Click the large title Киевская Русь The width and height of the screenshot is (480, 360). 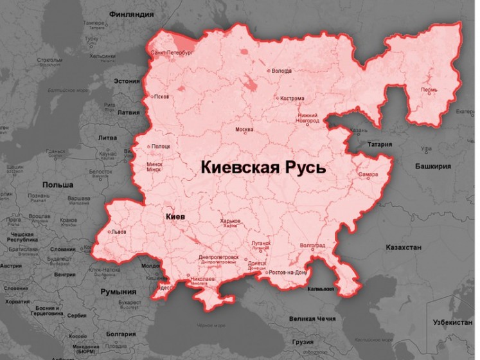pos(263,168)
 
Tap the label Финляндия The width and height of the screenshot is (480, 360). pos(131,13)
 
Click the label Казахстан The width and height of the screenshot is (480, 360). pos(404,248)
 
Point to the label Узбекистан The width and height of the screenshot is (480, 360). pos(454,319)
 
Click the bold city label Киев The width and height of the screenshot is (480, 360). pos(174,217)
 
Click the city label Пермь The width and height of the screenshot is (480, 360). pos(429,90)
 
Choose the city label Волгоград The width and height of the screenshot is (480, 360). pos(312,246)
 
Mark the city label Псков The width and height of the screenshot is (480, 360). pos(161,97)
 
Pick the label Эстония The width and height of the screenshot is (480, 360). pos(127,82)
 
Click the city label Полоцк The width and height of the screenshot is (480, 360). pos(161,147)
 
